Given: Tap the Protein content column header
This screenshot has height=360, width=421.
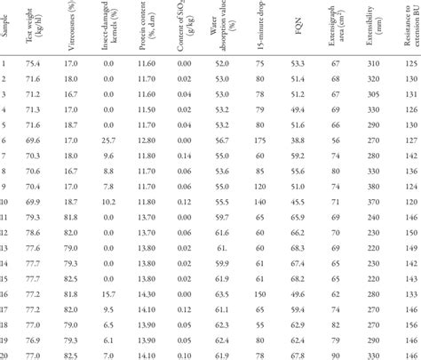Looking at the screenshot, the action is point(147,29).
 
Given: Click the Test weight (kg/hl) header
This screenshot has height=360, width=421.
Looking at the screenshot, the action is point(43,29).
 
